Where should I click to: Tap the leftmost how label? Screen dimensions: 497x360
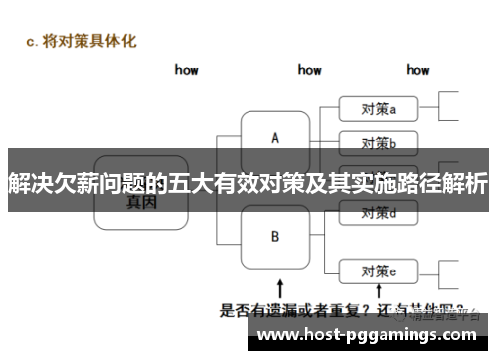(x=186, y=70)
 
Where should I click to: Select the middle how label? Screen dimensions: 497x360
(x=309, y=70)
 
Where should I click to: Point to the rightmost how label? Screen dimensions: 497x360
(x=417, y=70)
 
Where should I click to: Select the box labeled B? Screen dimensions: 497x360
(x=275, y=237)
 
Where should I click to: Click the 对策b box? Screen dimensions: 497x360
(x=379, y=141)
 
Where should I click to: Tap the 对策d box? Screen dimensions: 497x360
(x=379, y=212)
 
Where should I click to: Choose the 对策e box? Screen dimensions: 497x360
(x=379, y=270)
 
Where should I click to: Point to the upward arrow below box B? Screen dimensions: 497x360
(x=279, y=288)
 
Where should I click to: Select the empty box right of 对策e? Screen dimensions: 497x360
(x=449, y=270)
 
